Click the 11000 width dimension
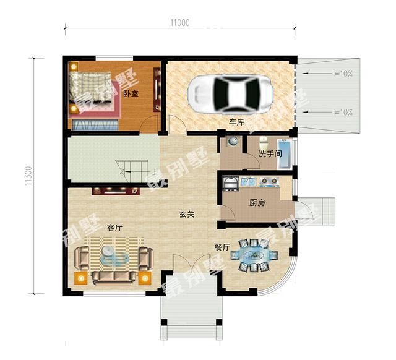(x=180, y=23)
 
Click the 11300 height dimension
(x=28, y=176)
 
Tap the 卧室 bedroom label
(x=131, y=94)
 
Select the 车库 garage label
(x=236, y=122)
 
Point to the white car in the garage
(x=230, y=94)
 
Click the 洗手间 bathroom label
(x=270, y=154)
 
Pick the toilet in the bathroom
(x=264, y=143)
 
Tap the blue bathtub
(x=285, y=154)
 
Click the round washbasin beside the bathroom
(x=233, y=142)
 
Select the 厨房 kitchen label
(x=257, y=203)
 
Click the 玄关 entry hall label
(x=187, y=215)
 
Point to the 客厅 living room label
(x=114, y=228)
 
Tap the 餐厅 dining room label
(x=223, y=247)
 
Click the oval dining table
(x=254, y=255)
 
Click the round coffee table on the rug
(x=109, y=252)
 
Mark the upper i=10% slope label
(x=343, y=74)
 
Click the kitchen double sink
(x=249, y=181)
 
